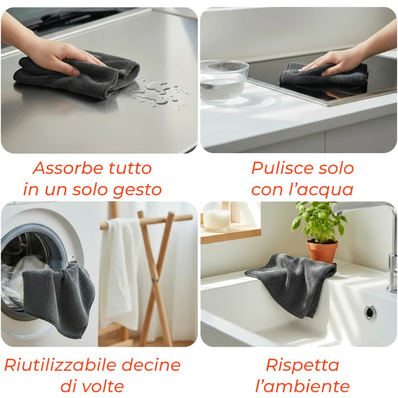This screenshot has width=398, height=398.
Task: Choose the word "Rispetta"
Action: (x=302, y=365)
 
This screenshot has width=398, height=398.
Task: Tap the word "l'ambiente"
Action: (x=302, y=386)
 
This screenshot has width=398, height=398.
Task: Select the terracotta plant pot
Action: (x=322, y=251)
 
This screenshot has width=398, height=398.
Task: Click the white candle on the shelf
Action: (x=217, y=219)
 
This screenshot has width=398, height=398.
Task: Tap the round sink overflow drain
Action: (x=370, y=312)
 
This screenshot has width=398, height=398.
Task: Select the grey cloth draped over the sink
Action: (x=291, y=281)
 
